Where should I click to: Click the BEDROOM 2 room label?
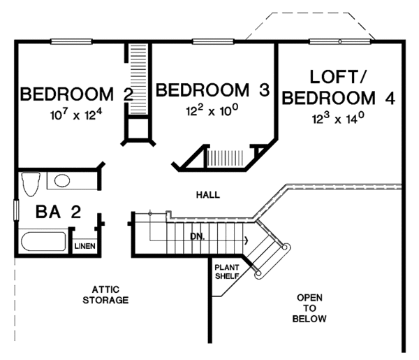coord(77,94)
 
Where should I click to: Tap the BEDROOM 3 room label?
coord(213,90)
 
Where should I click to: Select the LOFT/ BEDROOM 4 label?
coord(338,87)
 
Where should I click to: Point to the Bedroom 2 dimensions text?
coord(76,115)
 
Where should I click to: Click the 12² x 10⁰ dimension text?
coord(212,110)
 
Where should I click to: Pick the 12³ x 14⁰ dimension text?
coord(338,118)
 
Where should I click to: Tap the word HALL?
coord(208,195)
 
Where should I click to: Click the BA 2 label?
coord(58,212)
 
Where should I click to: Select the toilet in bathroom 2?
coord(31,184)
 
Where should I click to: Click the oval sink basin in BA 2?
coord(62,181)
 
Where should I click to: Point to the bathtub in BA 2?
coord(43,241)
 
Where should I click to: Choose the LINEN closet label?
coord(84,246)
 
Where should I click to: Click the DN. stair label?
coord(198,236)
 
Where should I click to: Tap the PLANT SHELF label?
coord(227,271)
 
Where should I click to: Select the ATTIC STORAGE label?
coord(105,295)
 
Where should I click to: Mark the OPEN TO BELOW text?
coord(309,308)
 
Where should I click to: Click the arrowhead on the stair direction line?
coord(247,240)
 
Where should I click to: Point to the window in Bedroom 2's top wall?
coord(71,41)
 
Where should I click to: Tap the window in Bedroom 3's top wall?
coord(213,41)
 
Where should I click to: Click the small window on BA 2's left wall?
coord(16,210)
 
